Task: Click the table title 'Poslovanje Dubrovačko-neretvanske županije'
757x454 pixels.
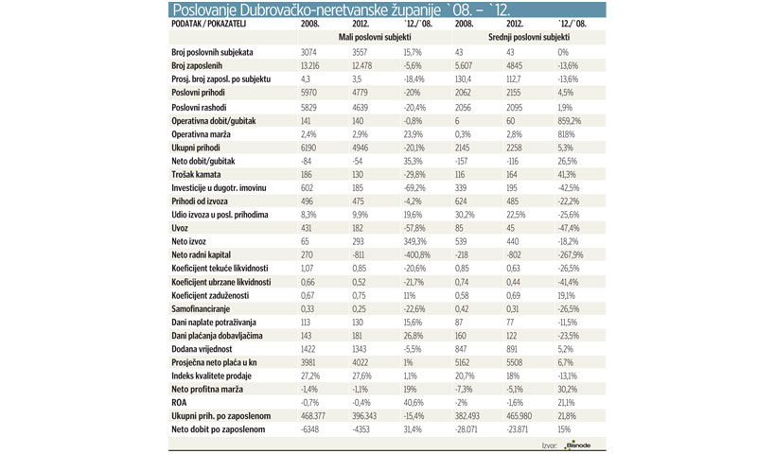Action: click(312, 10)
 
